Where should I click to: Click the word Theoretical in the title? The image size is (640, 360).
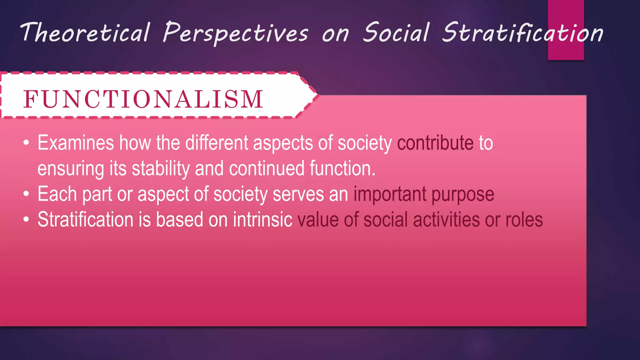point(85,32)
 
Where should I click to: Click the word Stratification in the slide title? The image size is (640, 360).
point(522,32)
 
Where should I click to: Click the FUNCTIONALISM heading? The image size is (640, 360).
point(143,99)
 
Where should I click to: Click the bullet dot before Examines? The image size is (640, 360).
point(26,143)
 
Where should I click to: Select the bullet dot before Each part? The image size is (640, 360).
point(26,194)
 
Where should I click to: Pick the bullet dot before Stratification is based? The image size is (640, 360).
point(26,220)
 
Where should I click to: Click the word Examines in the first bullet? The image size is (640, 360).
point(76,143)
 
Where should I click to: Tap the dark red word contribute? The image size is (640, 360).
point(435,143)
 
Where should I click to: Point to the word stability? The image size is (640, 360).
point(161,169)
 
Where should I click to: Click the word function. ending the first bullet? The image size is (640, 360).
point(342,169)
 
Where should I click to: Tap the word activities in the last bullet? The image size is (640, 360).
point(446,220)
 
